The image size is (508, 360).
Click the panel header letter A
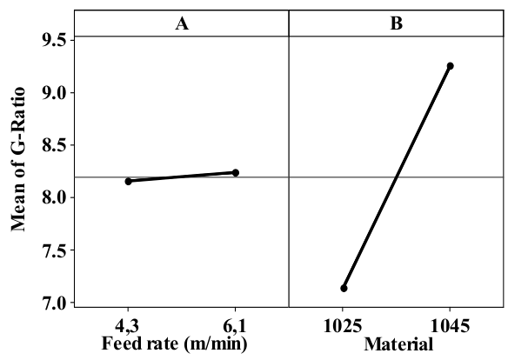point(182,24)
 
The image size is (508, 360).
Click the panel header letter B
point(396,24)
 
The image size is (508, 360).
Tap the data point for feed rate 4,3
point(129,181)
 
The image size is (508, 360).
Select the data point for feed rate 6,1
point(236,172)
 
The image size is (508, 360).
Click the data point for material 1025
point(344,288)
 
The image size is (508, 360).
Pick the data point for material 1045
point(450,66)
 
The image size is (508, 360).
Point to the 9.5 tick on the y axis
point(54,40)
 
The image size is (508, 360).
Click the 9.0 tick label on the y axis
point(54,93)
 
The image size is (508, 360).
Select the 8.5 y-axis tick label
point(54,145)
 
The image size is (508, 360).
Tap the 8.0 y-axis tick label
point(54,198)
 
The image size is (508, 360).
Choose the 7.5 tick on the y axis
point(54,250)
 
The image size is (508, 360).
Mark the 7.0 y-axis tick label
point(54,303)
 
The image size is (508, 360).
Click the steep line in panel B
point(397,177)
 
